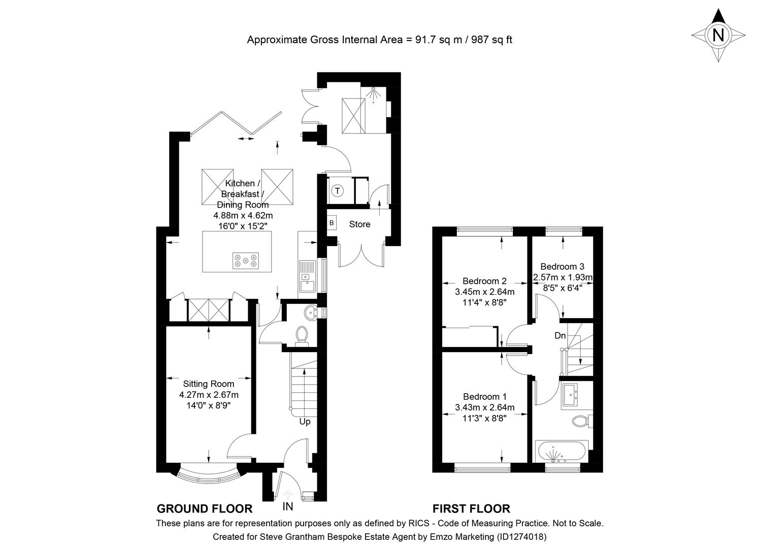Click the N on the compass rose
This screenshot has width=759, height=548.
coord(718,35)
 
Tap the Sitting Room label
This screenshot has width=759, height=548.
coord(209,384)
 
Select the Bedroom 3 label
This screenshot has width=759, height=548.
coord(562,266)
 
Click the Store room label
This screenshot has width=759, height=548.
coord(359,224)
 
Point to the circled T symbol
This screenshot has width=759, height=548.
coord(338,191)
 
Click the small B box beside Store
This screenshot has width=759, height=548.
coord(332,223)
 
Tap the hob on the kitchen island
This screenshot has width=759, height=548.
coord(246,260)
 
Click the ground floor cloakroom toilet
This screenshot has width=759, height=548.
coord(302,335)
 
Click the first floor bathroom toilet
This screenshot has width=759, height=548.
coord(580,421)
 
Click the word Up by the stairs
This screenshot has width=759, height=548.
coord(305,422)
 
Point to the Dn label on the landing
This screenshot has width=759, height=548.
coord(560,336)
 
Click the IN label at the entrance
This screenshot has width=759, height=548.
coord(288,506)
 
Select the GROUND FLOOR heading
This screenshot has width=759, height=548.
coord(204,509)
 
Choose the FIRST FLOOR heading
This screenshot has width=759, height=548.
coord(471,509)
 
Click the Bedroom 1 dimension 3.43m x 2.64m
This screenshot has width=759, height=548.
coord(485,407)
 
